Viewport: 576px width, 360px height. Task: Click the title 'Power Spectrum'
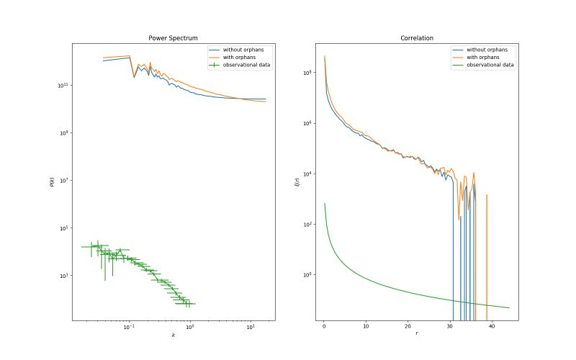pyautogui.click(x=173, y=37)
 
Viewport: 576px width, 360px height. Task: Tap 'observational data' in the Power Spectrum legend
pyautogui.click(x=246, y=66)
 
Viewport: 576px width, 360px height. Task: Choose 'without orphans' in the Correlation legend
pyautogui.click(x=487, y=50)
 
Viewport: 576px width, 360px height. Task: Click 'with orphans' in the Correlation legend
pyautogui.click(x=484, y=58)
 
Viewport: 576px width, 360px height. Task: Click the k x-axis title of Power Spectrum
pyautogui.click(x=173, y=336)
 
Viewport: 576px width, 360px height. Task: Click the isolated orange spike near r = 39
pyautogui.click(x=487, y=238)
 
